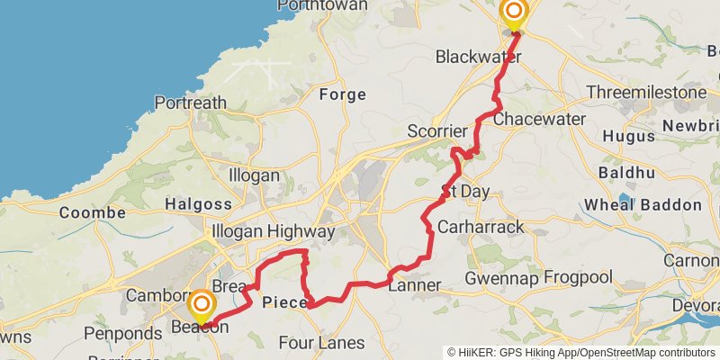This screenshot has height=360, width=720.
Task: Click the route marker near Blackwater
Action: [x=514, y=13]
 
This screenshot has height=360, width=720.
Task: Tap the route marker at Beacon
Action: [x=202, y=304]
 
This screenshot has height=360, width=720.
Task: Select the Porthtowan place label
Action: [x=322, y=5]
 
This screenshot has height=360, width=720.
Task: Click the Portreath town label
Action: [x=190, y=103]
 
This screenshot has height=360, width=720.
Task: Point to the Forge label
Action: [x=342, y=94]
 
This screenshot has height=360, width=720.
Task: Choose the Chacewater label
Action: [x=534, y=119]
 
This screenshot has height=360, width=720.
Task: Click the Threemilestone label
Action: [x=646, y=93]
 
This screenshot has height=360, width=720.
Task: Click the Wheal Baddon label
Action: [x=642, y=205]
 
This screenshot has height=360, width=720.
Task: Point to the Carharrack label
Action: [x=480, y=227]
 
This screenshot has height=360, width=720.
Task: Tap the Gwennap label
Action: [x=499, y=279]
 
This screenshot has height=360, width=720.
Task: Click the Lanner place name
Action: [x=414, y=285]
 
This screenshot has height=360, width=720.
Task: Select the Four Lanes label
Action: [x=321, y=343]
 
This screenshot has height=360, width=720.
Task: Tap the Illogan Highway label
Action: [x=273, y=231]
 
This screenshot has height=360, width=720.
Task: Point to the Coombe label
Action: [x=92, y=212]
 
